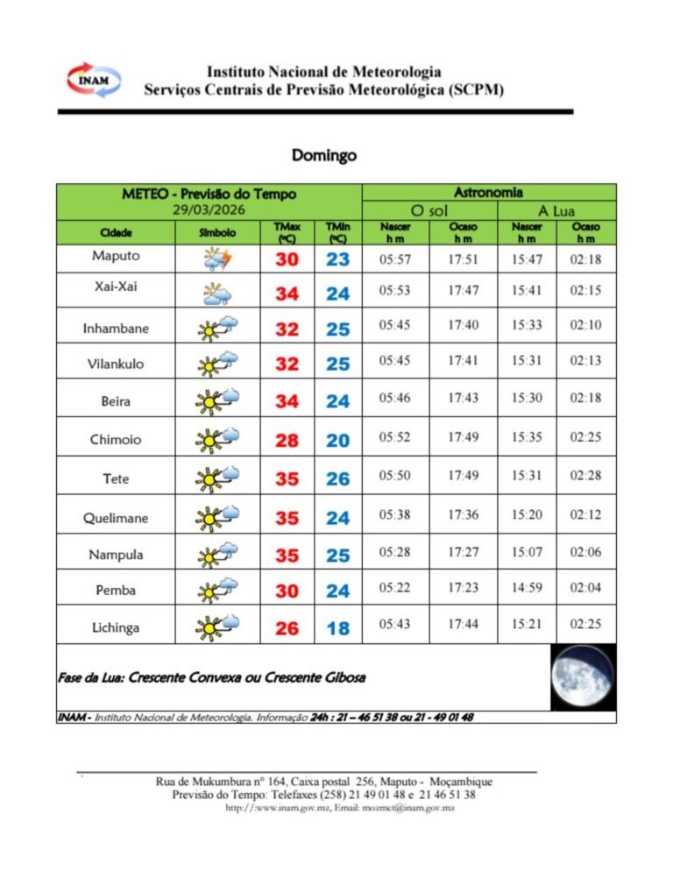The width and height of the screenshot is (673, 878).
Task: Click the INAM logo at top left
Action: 94,80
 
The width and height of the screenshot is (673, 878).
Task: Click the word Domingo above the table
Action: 324,155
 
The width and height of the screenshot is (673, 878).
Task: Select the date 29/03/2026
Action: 209,209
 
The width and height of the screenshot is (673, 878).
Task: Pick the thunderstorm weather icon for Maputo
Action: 216,259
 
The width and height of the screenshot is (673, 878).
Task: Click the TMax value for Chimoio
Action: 287,441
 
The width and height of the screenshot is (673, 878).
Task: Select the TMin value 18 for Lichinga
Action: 337,628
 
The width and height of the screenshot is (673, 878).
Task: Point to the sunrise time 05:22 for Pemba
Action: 394,590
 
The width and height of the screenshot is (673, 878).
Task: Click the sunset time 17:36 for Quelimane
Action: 462,515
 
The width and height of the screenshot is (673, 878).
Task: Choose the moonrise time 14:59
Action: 528,590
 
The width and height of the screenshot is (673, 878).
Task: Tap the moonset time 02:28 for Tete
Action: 585,478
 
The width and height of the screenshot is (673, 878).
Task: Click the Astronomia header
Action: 489,192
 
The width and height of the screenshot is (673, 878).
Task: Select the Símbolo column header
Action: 217,233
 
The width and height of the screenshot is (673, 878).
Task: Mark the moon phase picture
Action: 582,677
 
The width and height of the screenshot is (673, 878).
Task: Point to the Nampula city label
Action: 116,555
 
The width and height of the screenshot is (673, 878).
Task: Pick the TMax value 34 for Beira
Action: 287,401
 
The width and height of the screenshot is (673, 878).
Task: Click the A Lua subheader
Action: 556,211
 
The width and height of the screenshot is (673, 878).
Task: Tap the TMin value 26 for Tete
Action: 337,479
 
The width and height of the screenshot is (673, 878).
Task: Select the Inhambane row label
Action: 116,329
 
